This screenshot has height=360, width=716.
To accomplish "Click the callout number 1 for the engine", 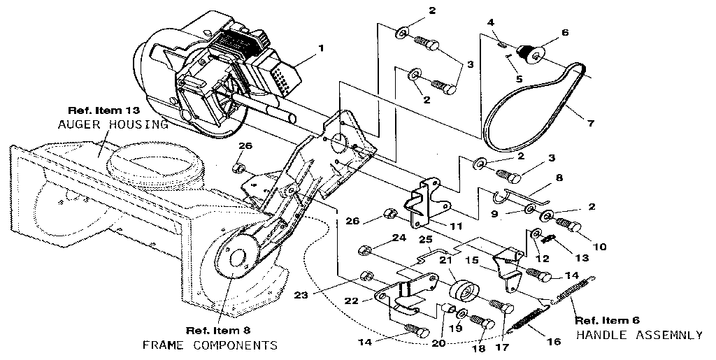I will (x=321, y=48).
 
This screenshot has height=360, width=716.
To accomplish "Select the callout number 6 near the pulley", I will (x=565, y=32).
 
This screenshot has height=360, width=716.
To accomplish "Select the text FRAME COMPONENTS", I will (x=210, y=345).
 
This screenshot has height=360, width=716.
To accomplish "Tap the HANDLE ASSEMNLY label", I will (x=639, y=335).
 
